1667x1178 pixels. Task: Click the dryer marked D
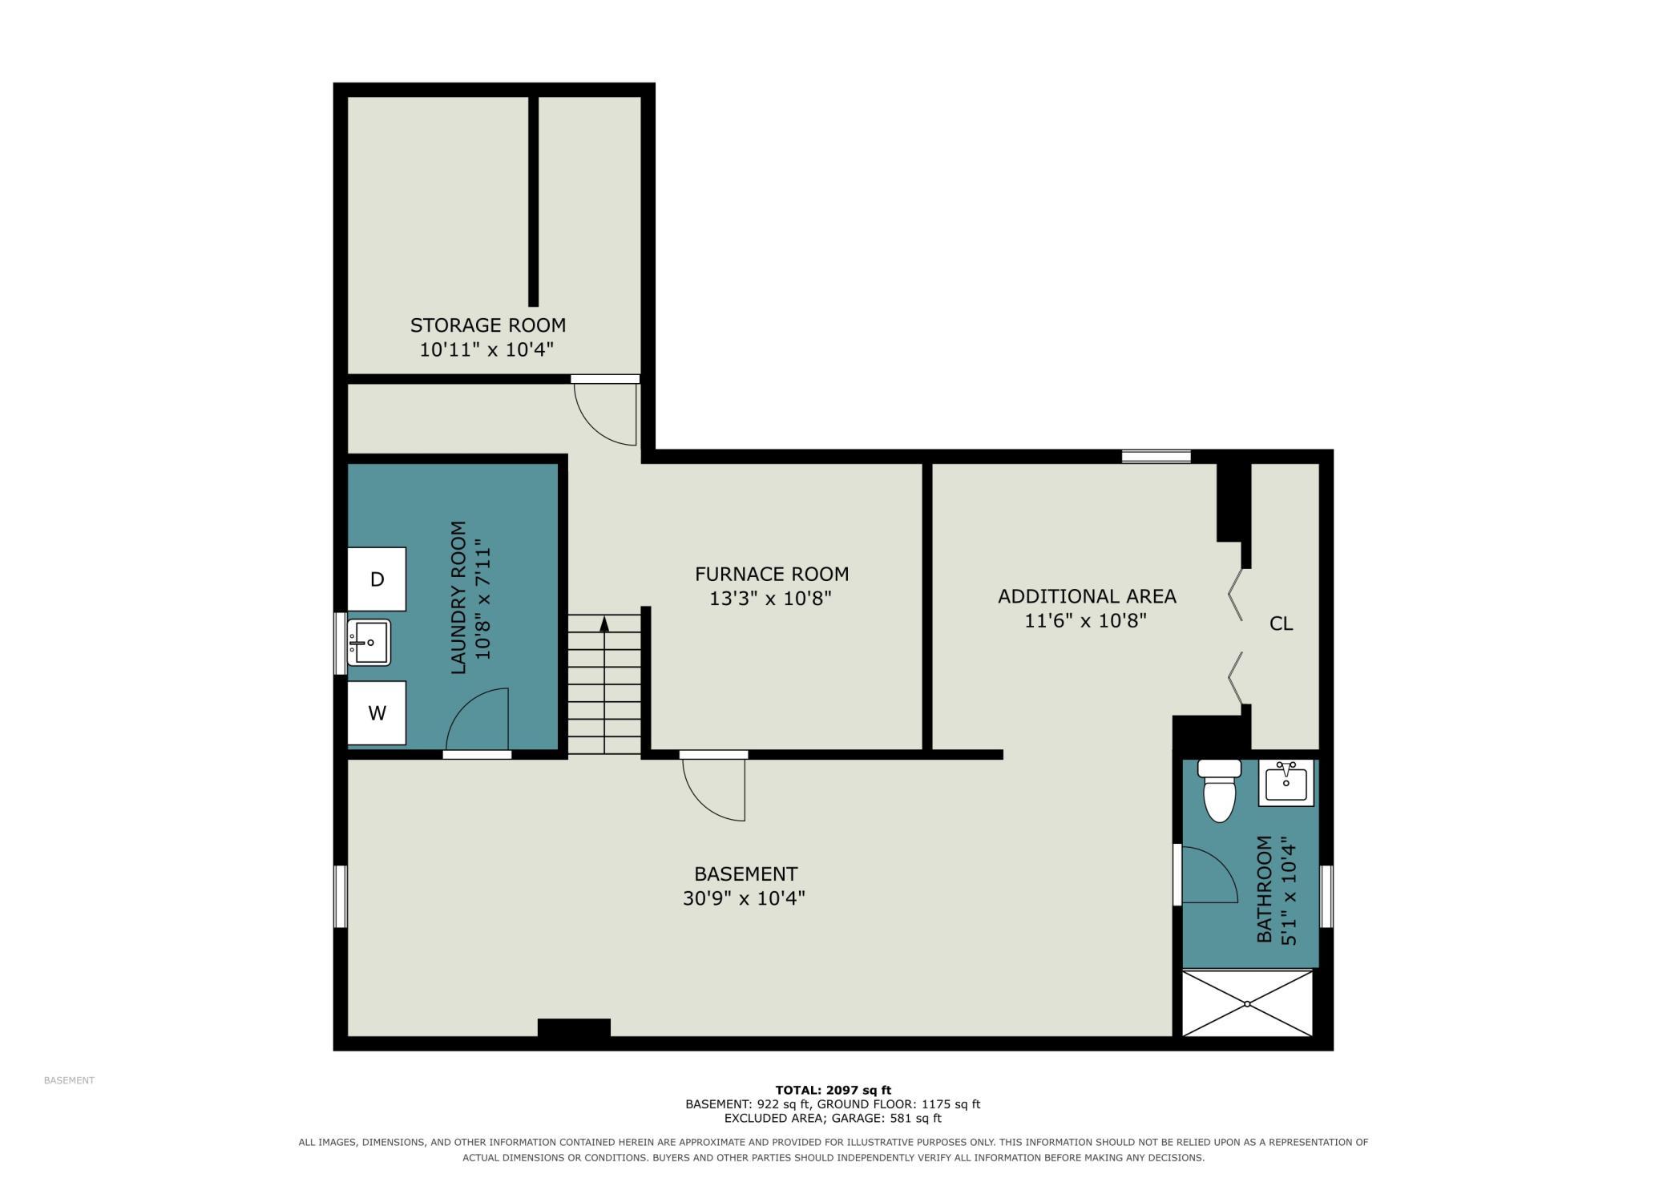coord(377,579)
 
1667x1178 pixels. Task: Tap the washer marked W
coord(377,712)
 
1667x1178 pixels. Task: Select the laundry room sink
coord(369,643)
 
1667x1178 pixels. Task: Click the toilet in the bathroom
coord(1219,790)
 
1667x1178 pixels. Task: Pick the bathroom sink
coord(1286,783)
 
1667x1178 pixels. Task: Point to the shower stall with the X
coord(1247,1003)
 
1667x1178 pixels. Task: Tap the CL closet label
coord(1281,623)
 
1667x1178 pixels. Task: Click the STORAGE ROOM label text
coord(488,325)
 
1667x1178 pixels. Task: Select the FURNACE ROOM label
coord(772,574)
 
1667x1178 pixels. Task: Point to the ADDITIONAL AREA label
coord(1087,596)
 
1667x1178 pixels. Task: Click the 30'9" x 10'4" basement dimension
coord(744,898)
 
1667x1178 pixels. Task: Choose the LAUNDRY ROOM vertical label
coord(458,598)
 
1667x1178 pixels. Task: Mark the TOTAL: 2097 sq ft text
coord(833,1090)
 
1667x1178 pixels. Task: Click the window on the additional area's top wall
coord(1156,457)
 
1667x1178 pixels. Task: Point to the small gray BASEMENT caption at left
coord(69,1080)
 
